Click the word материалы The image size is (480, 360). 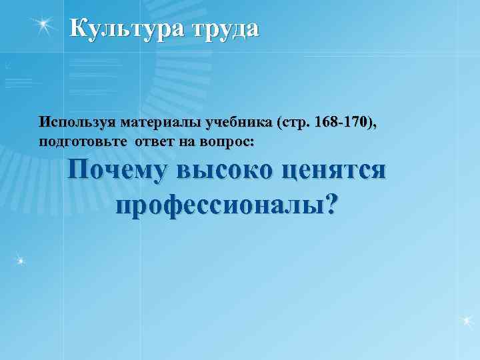click(150, 123)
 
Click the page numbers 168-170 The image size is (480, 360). click(337, 123)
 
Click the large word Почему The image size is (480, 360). click(118, 171)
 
